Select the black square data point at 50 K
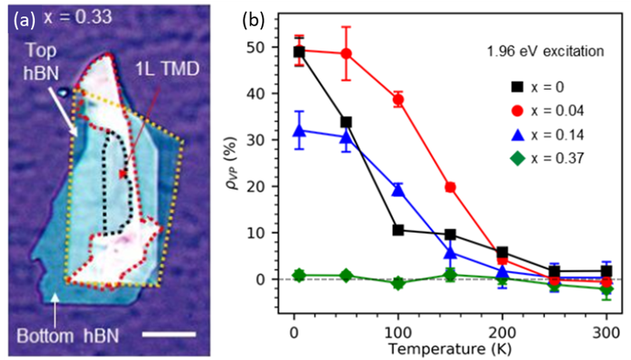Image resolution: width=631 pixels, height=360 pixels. click(346, 122)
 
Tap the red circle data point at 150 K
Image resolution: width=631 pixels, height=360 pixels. click(451, 187)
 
